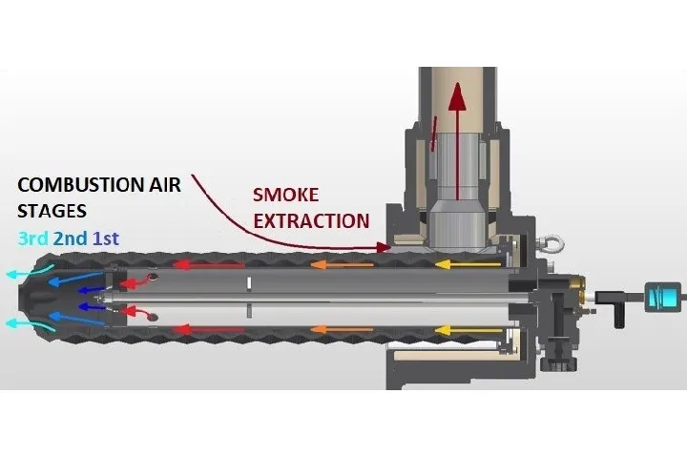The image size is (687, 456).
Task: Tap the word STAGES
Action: click(x=52, y=211)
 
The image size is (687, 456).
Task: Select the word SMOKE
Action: click(x=285, y=195)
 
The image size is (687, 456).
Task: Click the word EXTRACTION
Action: click(x=311, y=221)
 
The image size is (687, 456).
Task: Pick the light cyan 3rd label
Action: click(x=33, y=238)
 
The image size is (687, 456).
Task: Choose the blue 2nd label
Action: click(x=71, y=238)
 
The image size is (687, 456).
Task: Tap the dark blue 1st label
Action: click(x=106, y=238)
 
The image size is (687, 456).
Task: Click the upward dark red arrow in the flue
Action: click(x=458, y=140)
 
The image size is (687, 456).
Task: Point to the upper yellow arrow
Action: click(x=468, y=264)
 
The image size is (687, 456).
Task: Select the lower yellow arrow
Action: click(x=468, y=330)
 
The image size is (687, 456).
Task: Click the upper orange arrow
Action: click(x=342, y=264)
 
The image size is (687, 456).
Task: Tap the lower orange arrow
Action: click(x=342, y=329)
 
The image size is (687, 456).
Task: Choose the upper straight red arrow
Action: click(x=208, y=265)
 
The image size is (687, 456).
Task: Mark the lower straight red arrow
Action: click(x=208, y=329)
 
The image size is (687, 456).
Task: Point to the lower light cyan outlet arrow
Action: click(x=30, y=324)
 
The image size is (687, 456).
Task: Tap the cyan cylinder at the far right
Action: click(x=663, y=296)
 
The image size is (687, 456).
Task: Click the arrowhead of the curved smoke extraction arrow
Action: click(x=385, y=247)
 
